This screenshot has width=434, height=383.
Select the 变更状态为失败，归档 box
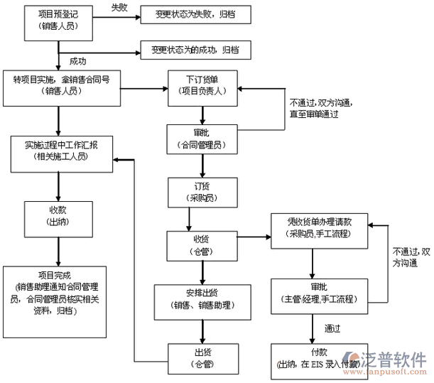point(190,14)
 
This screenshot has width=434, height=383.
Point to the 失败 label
point(119,7)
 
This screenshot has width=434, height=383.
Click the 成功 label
point(79,61)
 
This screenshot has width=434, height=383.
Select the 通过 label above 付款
point(334,328)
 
